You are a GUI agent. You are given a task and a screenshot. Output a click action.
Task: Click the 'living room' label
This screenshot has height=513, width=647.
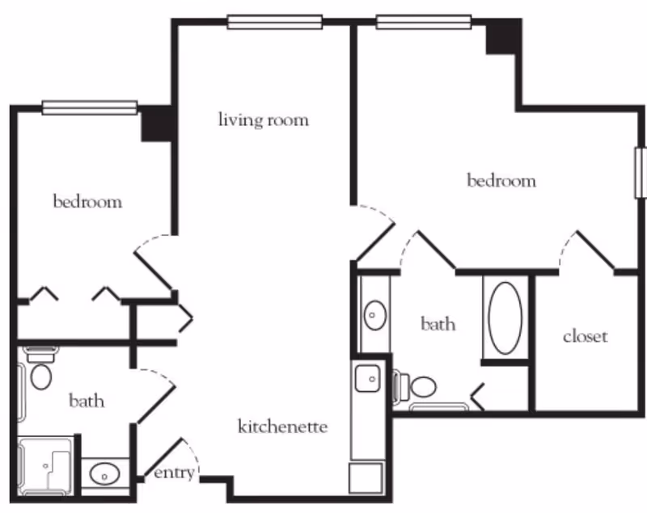click(264, 120)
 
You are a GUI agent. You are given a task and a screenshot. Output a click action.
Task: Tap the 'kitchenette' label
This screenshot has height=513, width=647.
click(282, 426)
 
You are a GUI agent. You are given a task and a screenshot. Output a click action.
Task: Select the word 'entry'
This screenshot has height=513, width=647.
click(174, 473)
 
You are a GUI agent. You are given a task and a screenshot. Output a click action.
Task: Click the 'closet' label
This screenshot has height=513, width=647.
click(585, 336)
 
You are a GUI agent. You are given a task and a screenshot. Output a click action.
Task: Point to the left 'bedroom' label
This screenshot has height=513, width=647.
click(87, 201)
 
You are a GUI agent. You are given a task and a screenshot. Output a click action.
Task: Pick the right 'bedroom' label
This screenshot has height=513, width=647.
click(501, 180)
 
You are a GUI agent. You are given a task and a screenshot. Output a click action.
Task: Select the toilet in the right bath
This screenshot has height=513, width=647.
click(417, 387)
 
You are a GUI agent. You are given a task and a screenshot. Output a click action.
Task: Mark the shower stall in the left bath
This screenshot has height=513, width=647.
click(46, 465)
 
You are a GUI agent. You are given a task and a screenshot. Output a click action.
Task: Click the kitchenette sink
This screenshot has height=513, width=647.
click(368, 377)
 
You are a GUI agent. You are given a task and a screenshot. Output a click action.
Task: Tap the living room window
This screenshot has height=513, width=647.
click(275, 22)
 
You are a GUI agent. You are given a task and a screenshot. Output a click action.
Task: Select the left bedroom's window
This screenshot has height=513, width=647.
click(90, 107)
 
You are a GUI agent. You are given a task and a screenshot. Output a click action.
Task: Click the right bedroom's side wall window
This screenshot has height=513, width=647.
click(641, 172)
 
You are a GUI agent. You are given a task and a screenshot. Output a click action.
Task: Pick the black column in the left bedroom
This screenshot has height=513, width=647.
click(155, 124)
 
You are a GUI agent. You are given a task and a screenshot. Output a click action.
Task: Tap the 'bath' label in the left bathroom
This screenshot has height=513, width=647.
click(87, 401)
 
